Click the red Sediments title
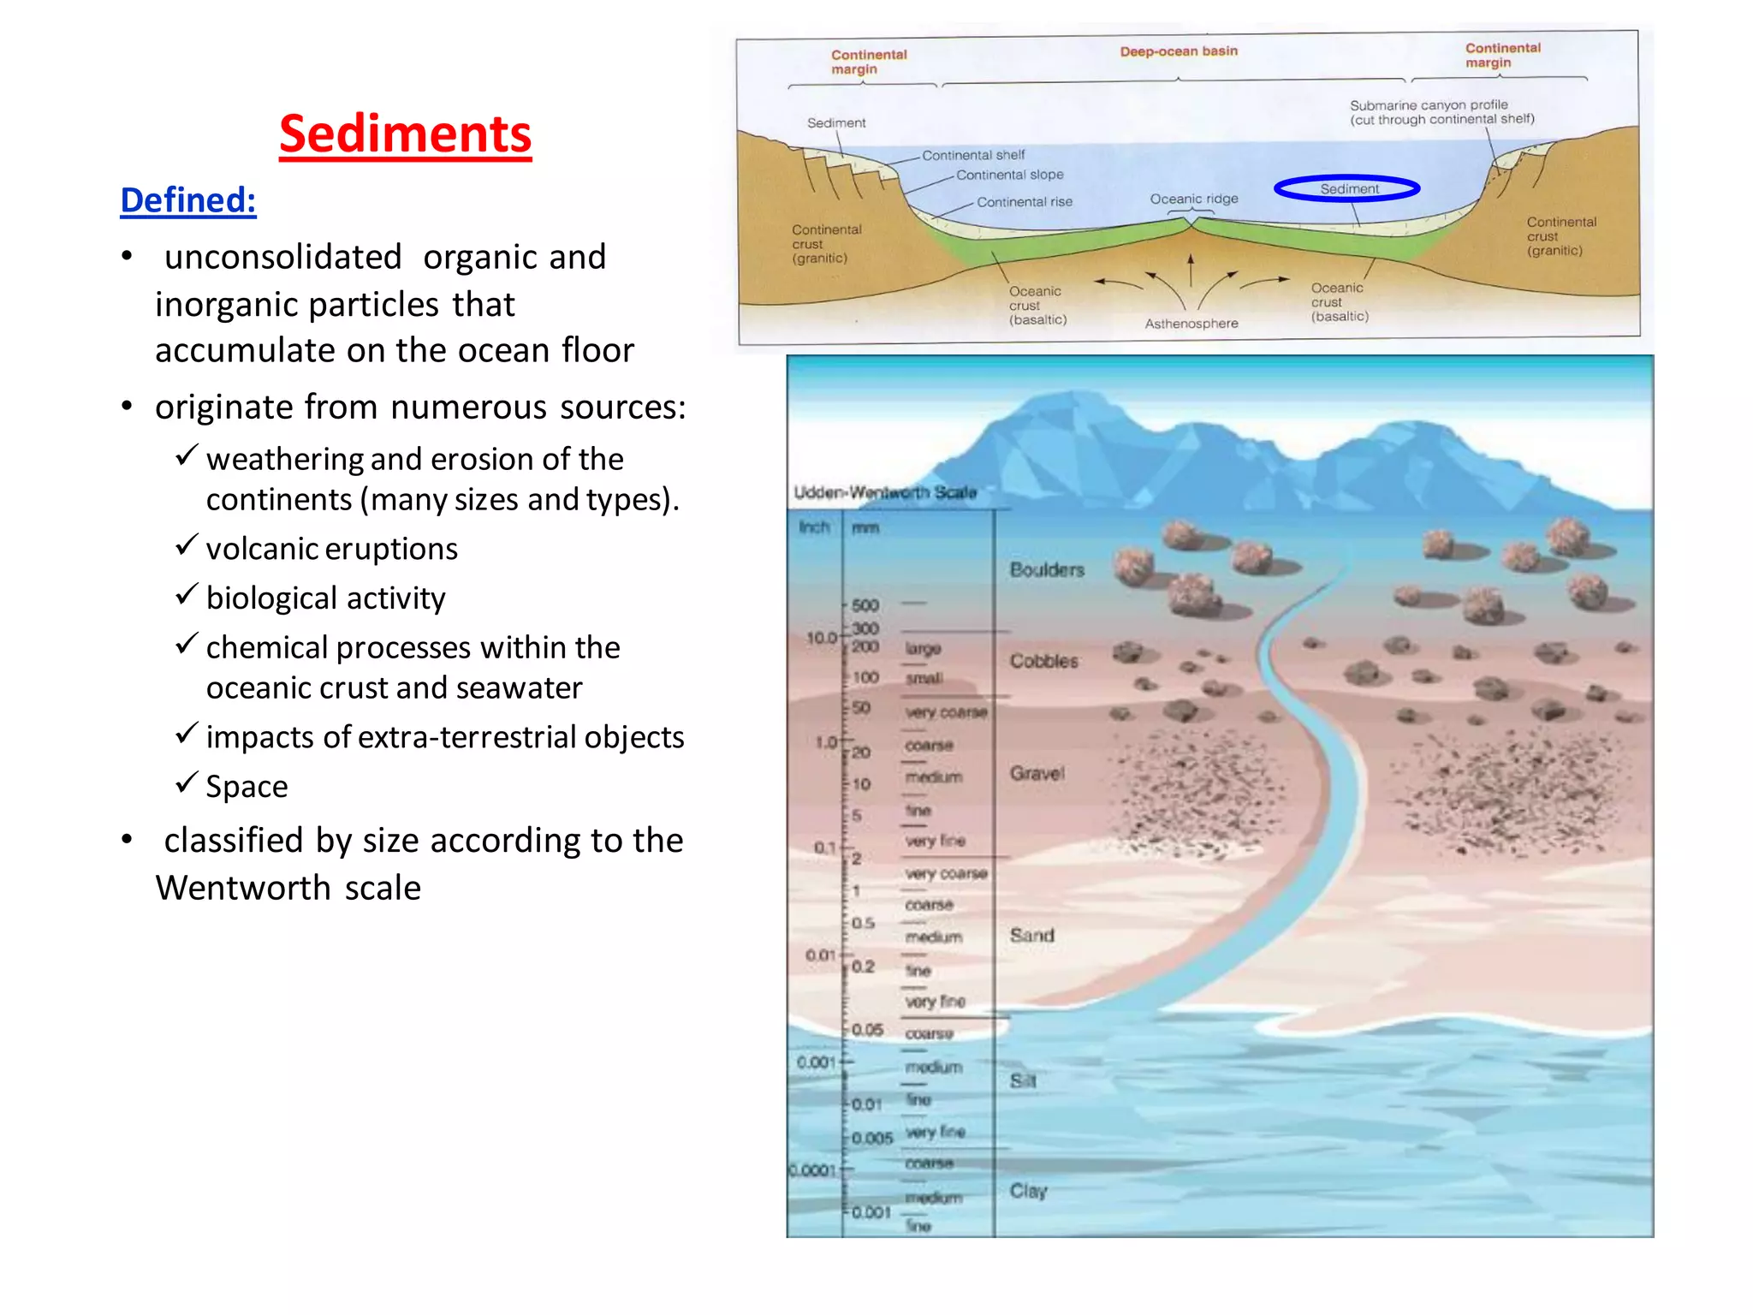click(405, 134)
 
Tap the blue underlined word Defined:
click(188, 200)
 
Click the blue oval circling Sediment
click(1346, 188)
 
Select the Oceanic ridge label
click(1193, 199)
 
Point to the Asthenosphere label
click(1191, 324)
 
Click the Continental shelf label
click(972, 155)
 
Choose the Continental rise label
click(1024, 202)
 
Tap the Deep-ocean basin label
click(1179, 51)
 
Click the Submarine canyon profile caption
click(1441, 112)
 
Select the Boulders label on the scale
click(1046, 569)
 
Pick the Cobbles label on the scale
click(1043, 661)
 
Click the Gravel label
click(1037, 773)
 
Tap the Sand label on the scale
click(1031, 935)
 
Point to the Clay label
click(1028, 1191)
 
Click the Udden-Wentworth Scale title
click(885, 492)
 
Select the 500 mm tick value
click(865, 605)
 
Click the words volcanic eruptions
click(331, 549)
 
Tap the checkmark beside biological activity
click(187, 594)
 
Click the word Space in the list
click(247, 787)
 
